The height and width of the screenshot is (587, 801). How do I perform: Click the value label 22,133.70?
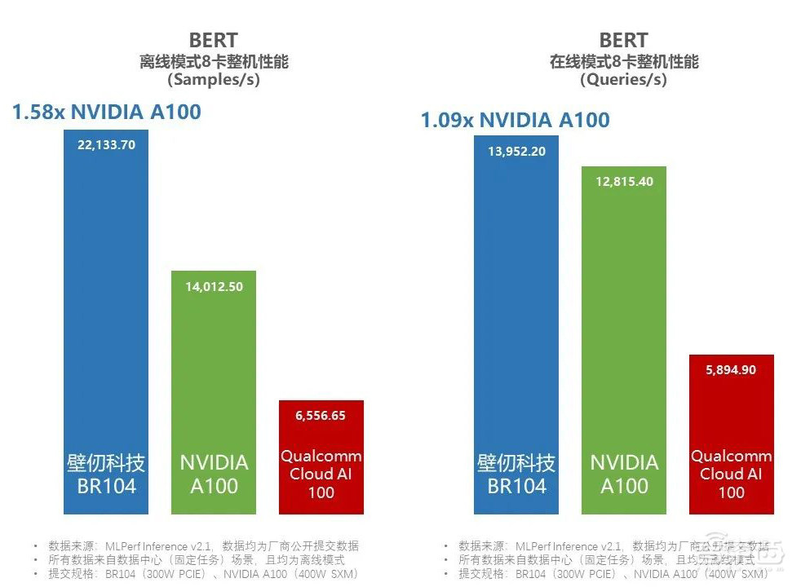pyautogui.click(x=106, y=144)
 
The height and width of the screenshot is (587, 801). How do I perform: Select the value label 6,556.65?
pyautogui.click(x=321, y=415)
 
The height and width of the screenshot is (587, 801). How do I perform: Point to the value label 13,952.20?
pyautogui.click(x=516, y=151)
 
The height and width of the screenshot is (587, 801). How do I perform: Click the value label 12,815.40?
pyautogui.click(x=624, y=182)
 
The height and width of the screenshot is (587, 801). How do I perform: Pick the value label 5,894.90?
pyautogui.click(x=731, y=369)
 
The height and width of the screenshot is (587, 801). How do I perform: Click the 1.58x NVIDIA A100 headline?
pyautogui.click(x=106, y=112)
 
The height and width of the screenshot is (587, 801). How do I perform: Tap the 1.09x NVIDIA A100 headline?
pyautogui.click(x=515, y=121)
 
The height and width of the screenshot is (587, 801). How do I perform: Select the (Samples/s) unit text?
pyautogui.click(x=213, y=80)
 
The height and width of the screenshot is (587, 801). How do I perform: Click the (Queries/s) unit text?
pyautogui.click(x=623, y=80)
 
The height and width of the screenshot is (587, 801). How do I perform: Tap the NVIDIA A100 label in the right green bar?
pyautogui.click(x=624, y=474)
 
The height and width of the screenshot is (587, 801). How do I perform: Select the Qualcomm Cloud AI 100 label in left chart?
pyautogui.click(x=321, y=474)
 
